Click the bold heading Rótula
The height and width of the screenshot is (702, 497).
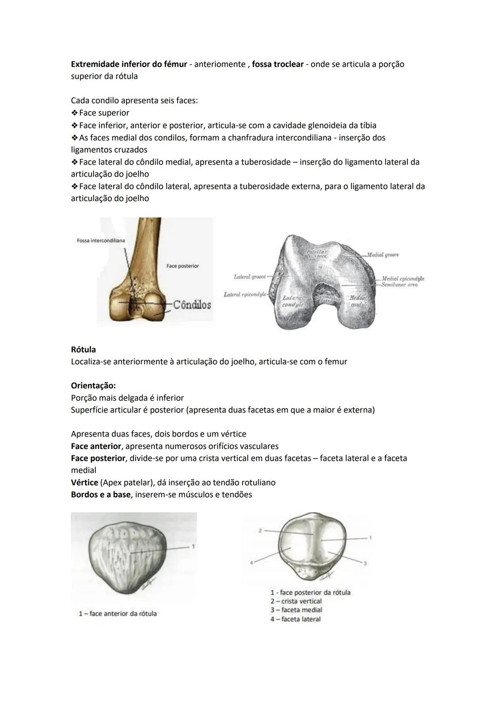click(x=83, y=350)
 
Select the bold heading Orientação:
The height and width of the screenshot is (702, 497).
click(x=93, y=386)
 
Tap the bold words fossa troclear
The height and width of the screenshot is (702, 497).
click(x=277, y=64)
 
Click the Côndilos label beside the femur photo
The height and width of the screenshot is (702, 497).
click(x=192, y=305)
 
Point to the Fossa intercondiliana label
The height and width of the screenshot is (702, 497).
click(x=101, y=241)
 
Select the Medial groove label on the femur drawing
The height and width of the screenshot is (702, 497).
click(x=383, y=255)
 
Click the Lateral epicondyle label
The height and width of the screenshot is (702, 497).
click(x=245, y=294)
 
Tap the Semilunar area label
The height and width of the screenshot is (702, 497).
click(x=399, y=285)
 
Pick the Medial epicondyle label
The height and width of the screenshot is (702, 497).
click(x=403, y=279)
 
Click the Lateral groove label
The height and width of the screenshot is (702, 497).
click(x=250, y=277)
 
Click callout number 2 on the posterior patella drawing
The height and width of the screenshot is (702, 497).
click(x=260, y=530)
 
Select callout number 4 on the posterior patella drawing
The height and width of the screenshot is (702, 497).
click(x=251, y=562)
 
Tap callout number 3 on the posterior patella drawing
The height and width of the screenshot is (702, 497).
click(x=365, y=563)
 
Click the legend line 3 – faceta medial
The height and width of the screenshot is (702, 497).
click(x=296, y=610)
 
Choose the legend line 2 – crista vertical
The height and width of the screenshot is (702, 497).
click(x=296, y=601)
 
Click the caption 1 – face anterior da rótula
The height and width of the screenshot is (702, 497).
click(x=118, y=614)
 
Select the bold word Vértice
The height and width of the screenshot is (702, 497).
click(x=84, y=483)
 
